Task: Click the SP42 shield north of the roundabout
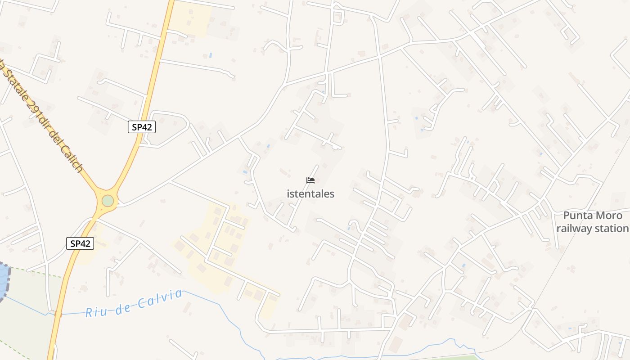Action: [x=141, y=127]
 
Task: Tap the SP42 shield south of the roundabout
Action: [x=81, y=243]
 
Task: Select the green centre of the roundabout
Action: [x=108, y=200]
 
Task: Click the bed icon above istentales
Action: [x=310, y=180]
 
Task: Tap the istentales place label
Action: [x=310, y=194]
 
